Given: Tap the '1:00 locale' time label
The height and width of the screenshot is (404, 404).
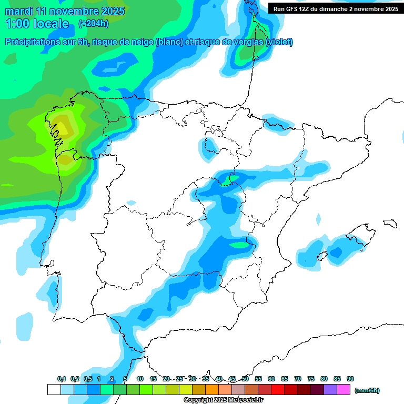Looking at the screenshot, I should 37,24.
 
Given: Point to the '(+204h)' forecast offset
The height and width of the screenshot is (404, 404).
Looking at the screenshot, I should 94,24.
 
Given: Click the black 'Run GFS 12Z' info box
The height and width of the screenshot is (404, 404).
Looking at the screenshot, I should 335,8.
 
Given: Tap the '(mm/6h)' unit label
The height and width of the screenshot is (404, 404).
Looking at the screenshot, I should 367,390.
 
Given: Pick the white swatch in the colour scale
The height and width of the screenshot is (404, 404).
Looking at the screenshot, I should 54,390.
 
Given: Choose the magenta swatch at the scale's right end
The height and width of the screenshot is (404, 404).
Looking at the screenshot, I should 344,390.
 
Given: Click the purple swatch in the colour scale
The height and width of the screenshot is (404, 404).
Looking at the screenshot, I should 330,390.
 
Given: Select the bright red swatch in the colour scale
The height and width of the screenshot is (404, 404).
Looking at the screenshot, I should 278,390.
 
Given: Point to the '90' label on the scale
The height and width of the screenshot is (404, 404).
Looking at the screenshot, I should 350,379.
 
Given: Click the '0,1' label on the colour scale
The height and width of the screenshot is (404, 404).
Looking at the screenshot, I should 62,379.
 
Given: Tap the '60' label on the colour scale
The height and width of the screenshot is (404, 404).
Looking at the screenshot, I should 271,379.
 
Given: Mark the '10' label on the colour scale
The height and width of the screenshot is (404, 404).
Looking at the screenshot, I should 140,379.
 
